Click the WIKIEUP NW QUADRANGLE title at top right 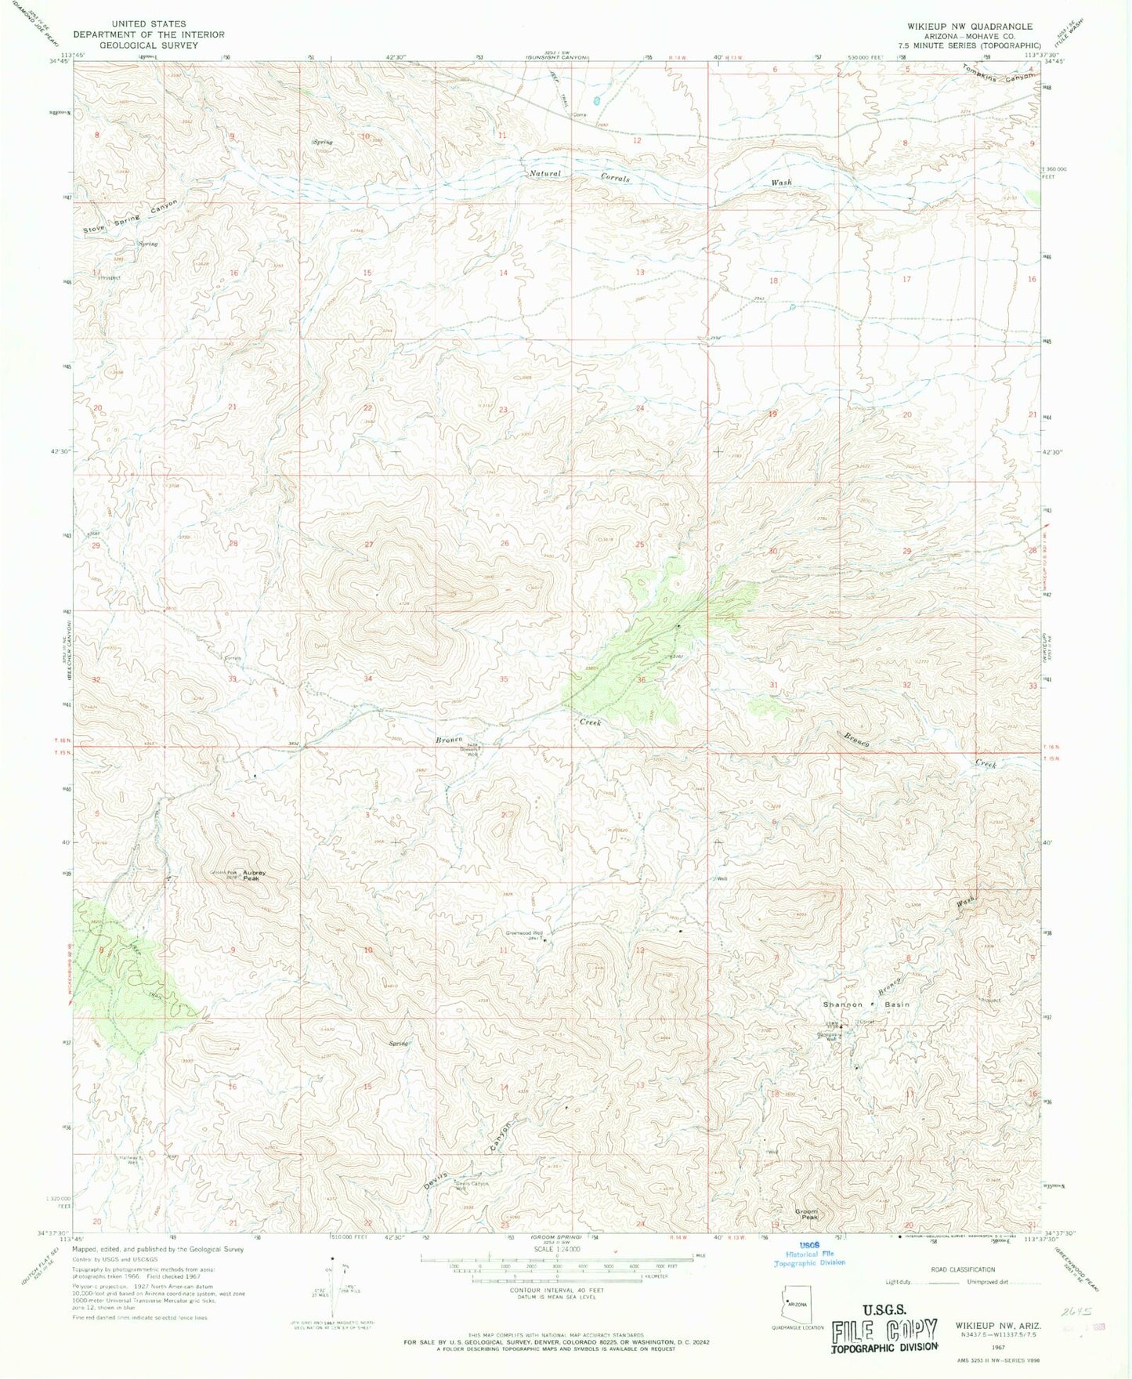tap(970, 26)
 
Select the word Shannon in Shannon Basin tap(842, 1004)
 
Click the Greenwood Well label tap(523, 933)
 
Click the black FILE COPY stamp tap(884, 1333)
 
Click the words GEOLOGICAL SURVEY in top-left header tap(149, 45)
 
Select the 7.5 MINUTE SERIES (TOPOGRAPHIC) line tap(970, 45)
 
